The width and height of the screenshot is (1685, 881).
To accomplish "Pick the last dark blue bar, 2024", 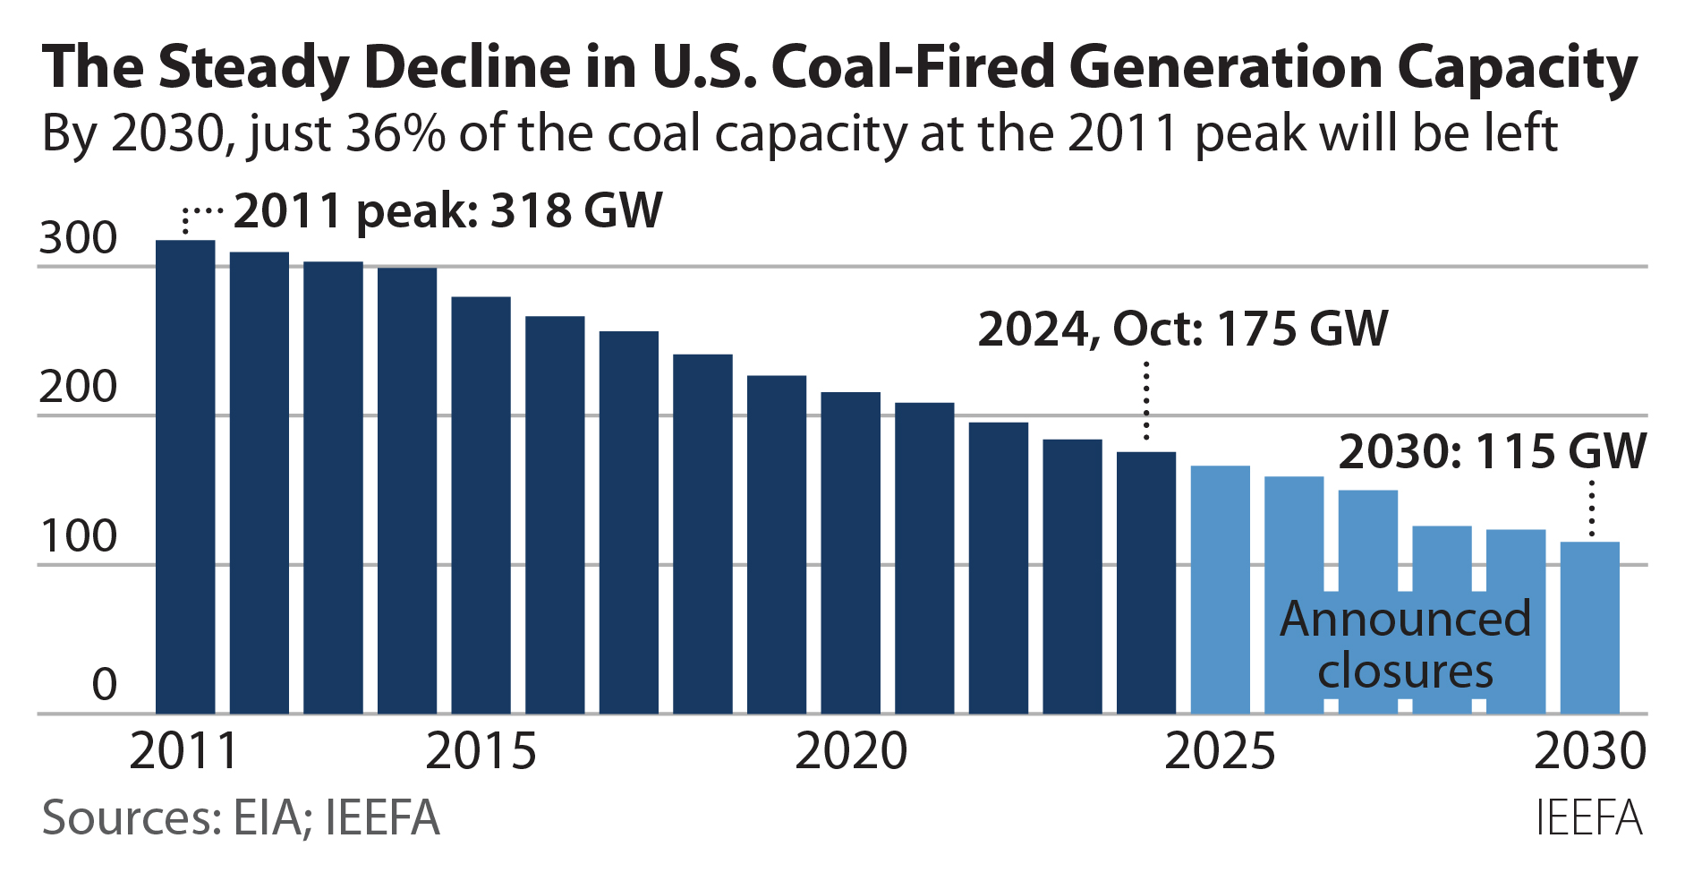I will pos(1146,582).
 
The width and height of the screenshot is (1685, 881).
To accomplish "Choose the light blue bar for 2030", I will pos(1589,627).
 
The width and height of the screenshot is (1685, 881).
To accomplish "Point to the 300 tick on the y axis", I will pos(78,239).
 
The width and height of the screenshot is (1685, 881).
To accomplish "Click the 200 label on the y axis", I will pos(78,389).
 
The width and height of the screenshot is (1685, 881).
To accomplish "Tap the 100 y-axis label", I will pos(78,537).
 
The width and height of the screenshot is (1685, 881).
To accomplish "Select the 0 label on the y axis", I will pos(104,686).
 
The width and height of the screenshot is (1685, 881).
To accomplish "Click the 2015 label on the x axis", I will pos(481,752).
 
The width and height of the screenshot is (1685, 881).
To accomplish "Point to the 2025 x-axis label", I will pos(1220,752).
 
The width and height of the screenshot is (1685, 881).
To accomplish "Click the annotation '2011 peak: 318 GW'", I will pos(447,212).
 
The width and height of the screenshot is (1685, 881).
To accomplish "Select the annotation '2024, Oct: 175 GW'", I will pos(1182,329).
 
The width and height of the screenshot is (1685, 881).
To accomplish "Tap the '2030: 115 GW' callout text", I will pos(1492,452).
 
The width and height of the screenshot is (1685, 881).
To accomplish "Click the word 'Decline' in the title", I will pos(467,68).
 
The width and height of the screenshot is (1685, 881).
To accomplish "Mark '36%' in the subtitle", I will pos(395,134).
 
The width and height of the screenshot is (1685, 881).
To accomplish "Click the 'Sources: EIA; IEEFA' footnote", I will pos(241,818).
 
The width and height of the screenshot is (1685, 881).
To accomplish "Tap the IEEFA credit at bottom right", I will pos(1588,818).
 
